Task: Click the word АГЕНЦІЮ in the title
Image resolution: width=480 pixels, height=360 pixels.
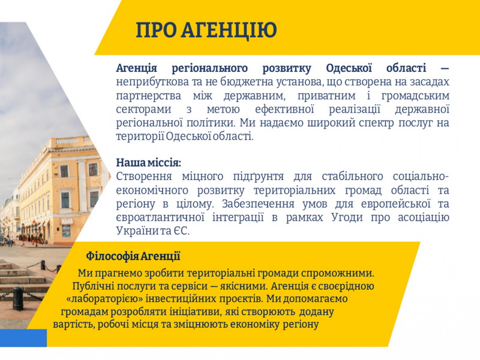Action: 229,30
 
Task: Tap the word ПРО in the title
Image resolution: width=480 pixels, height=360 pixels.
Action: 156,29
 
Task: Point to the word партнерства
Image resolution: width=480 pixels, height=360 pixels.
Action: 148,96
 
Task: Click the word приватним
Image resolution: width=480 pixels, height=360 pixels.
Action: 326,96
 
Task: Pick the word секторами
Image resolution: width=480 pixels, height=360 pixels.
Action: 143,109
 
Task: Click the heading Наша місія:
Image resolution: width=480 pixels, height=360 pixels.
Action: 148,163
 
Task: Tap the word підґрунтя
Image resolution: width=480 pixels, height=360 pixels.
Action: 259,177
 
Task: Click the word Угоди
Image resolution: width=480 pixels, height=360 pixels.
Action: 347,217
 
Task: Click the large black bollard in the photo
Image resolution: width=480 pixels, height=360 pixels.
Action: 18,298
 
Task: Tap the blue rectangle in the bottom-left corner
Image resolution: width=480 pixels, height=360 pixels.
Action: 23,338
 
